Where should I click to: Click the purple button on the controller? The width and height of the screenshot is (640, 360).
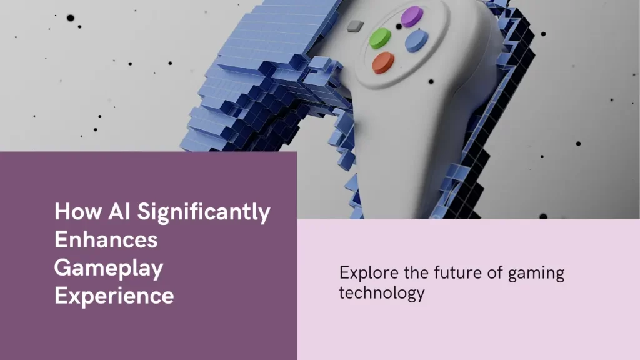(412, 17)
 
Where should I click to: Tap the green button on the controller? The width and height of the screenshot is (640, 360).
(380, 38)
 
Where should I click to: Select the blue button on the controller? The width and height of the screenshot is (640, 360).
(416, 41)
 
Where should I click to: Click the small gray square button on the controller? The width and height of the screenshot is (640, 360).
(355, 26)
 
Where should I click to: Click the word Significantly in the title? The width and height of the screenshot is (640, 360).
(204, 212)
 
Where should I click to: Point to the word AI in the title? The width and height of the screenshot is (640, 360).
(119, 211)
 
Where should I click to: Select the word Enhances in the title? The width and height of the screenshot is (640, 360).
(106, 239)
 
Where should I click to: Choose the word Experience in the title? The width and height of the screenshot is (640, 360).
(114, 296)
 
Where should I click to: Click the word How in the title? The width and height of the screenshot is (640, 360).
(78, 211)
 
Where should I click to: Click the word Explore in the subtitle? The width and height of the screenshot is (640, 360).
(369, 273)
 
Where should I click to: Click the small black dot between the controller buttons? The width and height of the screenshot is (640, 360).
(399, 27)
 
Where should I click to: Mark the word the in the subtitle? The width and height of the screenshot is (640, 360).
(416, 272)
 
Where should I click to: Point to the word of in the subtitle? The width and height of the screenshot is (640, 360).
(495, 272)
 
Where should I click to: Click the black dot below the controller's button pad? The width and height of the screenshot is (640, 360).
(431, 82)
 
